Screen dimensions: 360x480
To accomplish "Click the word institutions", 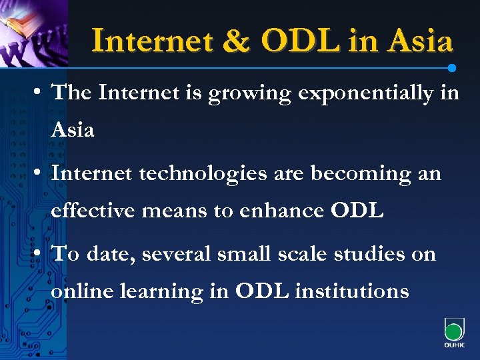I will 351,291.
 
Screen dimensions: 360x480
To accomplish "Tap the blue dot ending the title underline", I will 452,68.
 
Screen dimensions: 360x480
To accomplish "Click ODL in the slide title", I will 301,41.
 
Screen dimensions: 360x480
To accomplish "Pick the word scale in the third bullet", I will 301,254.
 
